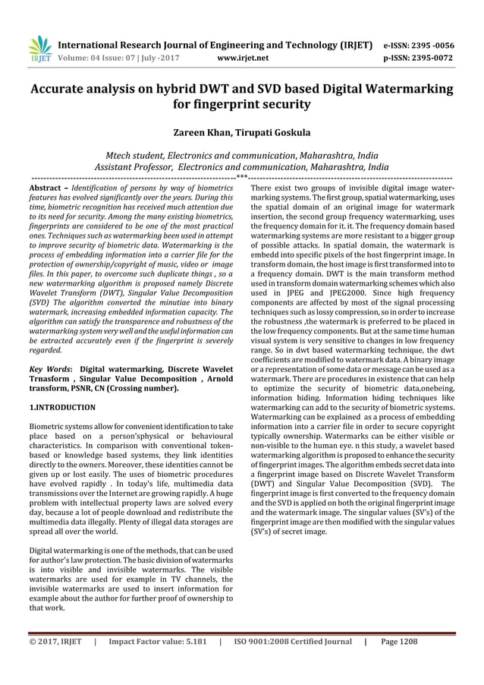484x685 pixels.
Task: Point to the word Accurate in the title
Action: click(x=63, y=89)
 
